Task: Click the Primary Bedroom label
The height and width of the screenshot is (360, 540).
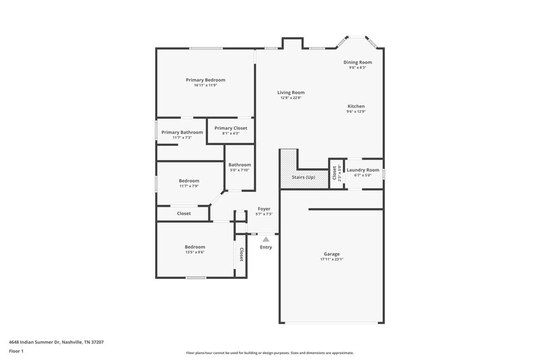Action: click(205, 80)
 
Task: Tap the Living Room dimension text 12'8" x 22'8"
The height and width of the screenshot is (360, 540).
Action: click(291, 98)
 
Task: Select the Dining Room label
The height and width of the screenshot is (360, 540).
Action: click(357, 62)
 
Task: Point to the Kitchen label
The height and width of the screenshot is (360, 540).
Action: click(356, 107)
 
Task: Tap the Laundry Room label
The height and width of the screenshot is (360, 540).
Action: click(363, 170)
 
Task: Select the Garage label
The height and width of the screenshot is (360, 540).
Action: click(331, 254)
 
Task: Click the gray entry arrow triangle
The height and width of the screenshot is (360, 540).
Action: click(266, 238)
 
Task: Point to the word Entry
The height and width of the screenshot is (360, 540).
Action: click(266, 247)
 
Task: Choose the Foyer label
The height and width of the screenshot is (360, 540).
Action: click(264, 209)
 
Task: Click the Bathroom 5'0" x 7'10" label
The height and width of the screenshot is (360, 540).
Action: click(240, 165)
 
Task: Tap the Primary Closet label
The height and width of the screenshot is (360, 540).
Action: click(230, 128)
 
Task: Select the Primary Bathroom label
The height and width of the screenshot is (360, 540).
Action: click(182, 132)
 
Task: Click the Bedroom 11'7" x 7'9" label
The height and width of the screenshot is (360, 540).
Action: click(189, 180)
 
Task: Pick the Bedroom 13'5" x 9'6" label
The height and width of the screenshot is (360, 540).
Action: click(194, 247)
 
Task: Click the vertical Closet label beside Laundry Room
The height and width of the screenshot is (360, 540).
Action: click(335, 173)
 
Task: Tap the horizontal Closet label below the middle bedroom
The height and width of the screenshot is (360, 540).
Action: click(184, 213)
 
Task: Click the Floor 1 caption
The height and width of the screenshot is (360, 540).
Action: click(16, 351)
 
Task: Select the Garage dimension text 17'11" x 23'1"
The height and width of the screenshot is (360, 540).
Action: click(331, 259)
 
